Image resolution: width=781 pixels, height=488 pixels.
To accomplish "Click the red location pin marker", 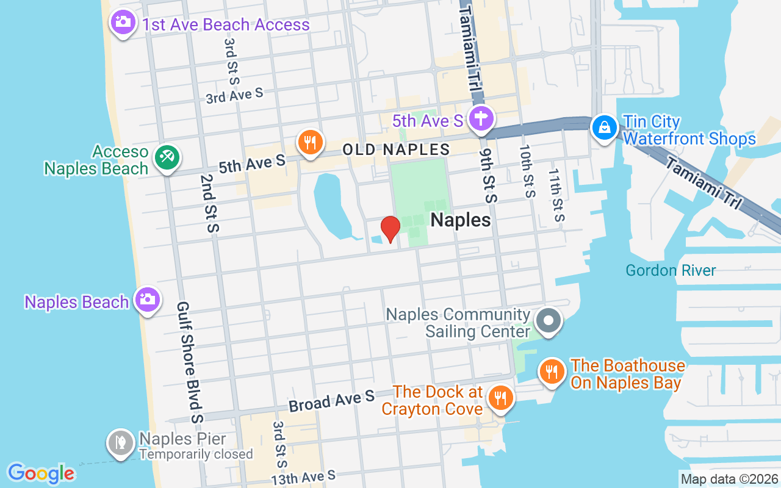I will (x=390, y=229).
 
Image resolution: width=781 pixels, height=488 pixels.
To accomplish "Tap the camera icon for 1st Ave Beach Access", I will (x=123, y=23).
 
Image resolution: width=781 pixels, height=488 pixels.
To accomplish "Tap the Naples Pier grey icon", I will (x=120, y=443).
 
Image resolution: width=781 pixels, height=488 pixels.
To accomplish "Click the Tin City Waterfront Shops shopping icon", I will (x=604, y=127).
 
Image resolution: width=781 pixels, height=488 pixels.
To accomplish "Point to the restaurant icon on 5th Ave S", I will (x=310, y=142).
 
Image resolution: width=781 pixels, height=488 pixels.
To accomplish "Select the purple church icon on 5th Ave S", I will (x=481, y=118).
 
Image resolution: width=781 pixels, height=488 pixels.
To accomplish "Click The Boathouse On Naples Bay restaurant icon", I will (x=552, y=371).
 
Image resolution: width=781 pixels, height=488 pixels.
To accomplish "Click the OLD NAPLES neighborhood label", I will (x=396, y=149).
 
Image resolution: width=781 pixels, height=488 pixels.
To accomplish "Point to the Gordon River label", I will (x=671, y=270).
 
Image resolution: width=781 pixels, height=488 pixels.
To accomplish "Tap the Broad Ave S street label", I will (x=331, y=401).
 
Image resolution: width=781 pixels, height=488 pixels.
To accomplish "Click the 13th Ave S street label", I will (x=303, y=476).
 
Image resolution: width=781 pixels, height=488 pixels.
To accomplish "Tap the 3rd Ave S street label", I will (x=234, y=95).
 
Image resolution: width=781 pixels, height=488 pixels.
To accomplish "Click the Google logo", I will (x=41, y=473).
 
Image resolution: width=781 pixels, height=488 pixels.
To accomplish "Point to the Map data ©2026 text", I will (x=730, y=479).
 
